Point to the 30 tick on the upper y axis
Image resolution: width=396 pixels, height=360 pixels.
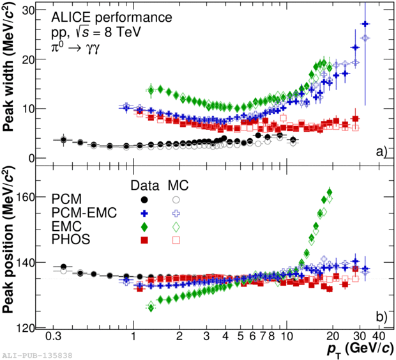(x=37, y=10)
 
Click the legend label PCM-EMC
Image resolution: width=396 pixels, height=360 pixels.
(x=85, y=213)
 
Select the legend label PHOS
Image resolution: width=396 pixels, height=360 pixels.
(x=72, y=240)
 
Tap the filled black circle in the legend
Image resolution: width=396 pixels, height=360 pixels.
(x=145, y=200)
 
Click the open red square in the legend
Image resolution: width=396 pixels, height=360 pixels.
(x=176, y=240)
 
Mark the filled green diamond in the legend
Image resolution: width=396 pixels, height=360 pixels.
(x=145, y=226)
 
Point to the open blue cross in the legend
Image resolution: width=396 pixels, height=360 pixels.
(x=176, y=213)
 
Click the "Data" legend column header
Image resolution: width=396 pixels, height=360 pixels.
(x=144, y=185)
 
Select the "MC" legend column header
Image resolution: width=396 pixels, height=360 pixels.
(x=177, y=185)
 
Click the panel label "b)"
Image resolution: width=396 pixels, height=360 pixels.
(x=381, y=316)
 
